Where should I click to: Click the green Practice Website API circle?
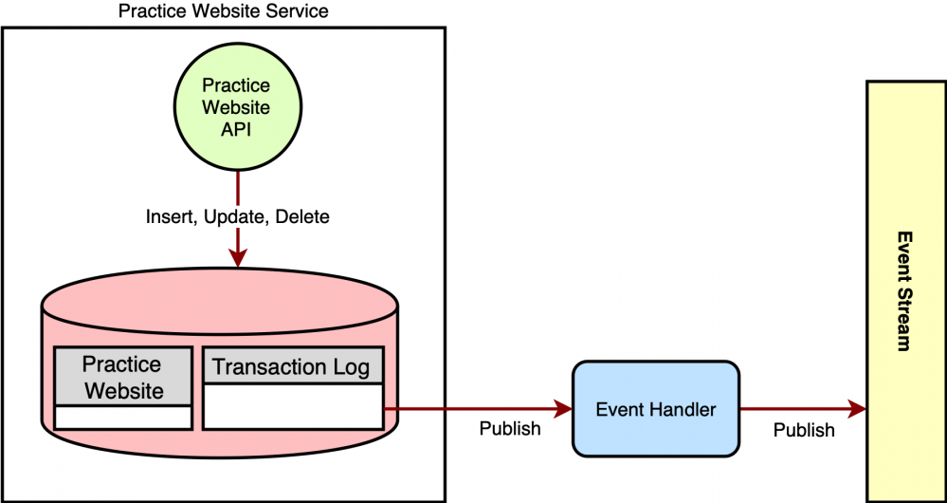click(x=236, y=107)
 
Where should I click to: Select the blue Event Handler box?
click(x=655, y=409)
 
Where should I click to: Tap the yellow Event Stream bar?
click(x=905, y=291)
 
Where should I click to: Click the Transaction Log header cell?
click(x=292, y=366)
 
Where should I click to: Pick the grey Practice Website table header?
click(x=122, y=377)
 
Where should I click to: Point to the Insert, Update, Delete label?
click(x=237, y=217)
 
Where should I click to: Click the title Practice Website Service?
click(x=224, y=12)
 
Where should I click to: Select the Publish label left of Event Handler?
click(x=510, y=429)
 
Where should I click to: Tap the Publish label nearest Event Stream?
click(x=804, y=430)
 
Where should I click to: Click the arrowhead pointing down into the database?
click(x=237, y=258)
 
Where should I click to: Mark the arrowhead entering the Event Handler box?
click(x=565, y=409)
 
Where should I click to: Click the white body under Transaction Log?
click(x=292, y=405)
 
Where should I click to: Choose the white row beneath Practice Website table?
click(x=122, y=417)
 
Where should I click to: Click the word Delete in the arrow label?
click(x=301, y=217)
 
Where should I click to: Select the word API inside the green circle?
click(x=236, y=130)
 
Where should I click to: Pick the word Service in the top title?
click(x=296, y=12)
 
